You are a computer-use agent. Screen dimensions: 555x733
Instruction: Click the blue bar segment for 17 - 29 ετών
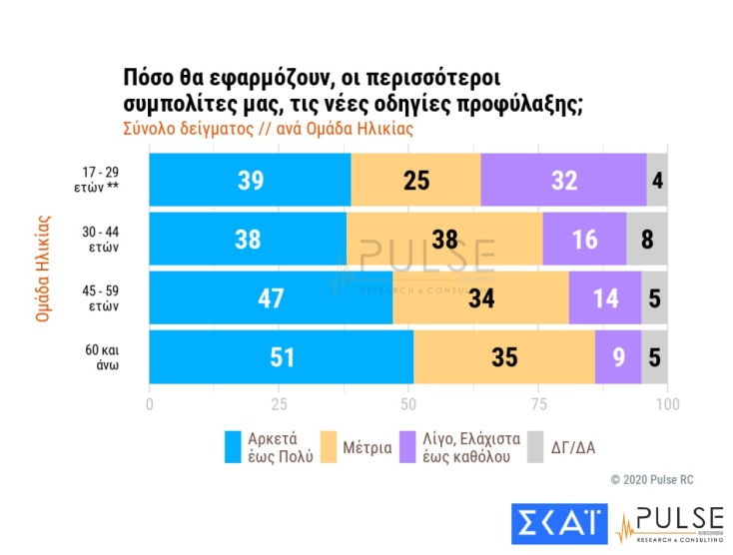coord(250,180)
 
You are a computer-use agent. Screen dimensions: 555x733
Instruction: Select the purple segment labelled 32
coord(563,180)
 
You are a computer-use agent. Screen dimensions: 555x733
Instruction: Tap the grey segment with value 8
coord(647,239)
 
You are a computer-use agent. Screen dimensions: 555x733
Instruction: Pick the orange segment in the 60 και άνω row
coord(504,356)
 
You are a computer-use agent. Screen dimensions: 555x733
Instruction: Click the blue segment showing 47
coord(271,297)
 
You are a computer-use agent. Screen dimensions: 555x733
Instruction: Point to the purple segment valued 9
coord(617,356)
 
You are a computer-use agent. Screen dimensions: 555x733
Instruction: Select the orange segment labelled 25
coord(415,180)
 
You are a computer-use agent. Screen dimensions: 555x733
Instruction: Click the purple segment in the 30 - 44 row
coord(584,239)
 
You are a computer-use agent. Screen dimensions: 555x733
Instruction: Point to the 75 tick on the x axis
coord(538,404)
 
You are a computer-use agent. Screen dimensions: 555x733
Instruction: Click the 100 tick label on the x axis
coord(667,404)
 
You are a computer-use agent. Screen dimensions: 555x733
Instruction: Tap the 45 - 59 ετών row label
coord(102,298)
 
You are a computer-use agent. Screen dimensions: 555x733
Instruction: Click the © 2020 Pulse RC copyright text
coord(651,480)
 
